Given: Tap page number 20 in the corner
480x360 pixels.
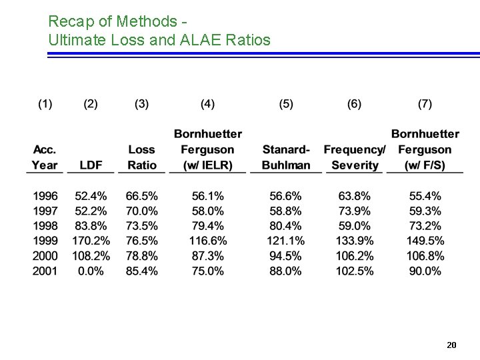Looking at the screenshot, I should (451, 345).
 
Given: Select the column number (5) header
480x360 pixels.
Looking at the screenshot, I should (285, 104).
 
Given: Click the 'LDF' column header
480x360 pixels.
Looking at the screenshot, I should (91, 165).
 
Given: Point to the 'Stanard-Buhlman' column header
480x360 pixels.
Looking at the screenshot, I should (285, 157).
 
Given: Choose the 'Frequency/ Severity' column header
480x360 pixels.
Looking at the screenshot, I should (354, 157).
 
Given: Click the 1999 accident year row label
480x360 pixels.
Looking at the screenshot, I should (45, 241).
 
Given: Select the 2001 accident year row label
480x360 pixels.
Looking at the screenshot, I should (45, 271).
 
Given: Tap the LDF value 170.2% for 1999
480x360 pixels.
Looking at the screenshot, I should (91, 241).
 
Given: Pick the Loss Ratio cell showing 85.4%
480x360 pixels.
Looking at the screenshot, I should (141, 271).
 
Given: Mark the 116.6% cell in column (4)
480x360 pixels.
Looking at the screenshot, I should (208, 241).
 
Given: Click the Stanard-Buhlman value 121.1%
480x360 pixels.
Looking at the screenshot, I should (285, 241).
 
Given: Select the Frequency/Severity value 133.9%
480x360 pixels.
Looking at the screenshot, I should (354, 241).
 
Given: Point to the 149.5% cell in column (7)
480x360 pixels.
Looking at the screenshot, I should (425, 241).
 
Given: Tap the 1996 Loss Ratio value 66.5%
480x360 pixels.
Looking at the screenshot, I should (141, 196).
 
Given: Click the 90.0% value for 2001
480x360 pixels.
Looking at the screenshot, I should (425, 271).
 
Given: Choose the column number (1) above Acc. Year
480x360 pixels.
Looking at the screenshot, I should (45, 104).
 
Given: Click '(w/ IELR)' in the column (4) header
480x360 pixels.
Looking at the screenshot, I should (208, 165).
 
